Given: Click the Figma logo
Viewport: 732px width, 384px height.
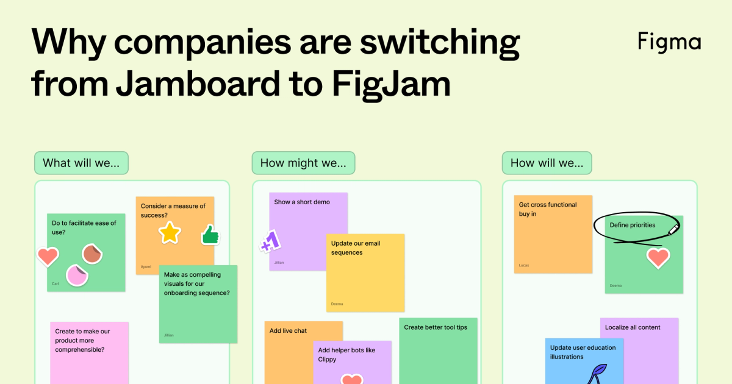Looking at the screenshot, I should point(669,41).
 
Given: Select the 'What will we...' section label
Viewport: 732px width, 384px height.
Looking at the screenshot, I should point(81,163).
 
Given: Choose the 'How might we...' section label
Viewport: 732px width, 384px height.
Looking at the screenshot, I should point(303,163).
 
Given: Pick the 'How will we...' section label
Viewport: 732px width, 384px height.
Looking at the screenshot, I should point(547,163).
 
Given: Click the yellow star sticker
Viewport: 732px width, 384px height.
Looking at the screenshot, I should point(170,232).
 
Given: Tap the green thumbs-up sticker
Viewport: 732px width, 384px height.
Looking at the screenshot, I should point(210,234).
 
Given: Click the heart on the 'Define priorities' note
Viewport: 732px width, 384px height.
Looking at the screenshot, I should point(658,258).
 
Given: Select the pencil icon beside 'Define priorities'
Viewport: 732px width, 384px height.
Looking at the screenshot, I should point(673,229).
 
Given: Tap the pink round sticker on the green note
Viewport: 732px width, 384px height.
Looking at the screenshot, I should point(77,276).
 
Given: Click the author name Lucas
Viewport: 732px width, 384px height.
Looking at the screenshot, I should point(524,266).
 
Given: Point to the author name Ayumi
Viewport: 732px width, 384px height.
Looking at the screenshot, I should point(146,267).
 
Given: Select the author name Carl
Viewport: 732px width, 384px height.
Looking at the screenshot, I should point(56,284).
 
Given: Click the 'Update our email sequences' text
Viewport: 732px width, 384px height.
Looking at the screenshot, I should point(355,247).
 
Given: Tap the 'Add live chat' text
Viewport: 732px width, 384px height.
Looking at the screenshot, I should point(288,331).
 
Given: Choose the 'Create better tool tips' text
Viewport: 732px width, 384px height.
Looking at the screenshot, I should point(436,327).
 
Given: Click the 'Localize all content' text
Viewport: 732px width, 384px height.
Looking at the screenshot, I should point(633,327).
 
